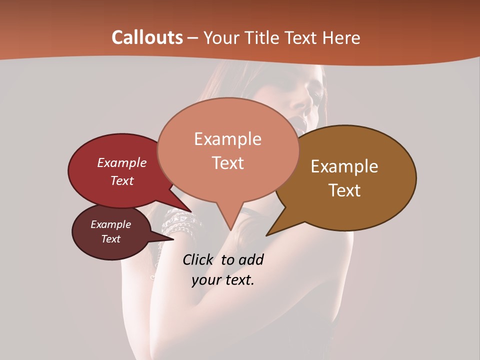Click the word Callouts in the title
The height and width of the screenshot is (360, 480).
(x=147, y=37)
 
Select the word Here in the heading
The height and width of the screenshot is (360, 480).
(x=342, y=37)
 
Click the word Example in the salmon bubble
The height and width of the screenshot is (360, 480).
(x=227, y=139)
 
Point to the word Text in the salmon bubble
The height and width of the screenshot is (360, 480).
(x=227, y=162)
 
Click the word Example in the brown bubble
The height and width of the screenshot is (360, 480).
(x=344, y=166)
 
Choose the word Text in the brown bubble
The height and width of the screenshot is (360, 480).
(x=344, y=190)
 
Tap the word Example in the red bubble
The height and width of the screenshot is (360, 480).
(x=121, y=162)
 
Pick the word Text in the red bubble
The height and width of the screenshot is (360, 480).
(x=121, y=180)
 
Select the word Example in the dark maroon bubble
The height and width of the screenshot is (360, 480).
(x=110, y=224)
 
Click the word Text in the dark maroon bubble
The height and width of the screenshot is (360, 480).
(x=110, y=239)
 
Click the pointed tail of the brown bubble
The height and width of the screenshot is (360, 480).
(x=272, y=231)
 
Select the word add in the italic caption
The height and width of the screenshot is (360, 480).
(x=251, y=259)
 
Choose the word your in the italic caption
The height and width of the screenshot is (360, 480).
(x=205, y=280)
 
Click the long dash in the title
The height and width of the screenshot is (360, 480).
(x=193, y=38)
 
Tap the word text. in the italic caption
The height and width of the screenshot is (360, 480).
(x=239, y=280)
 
